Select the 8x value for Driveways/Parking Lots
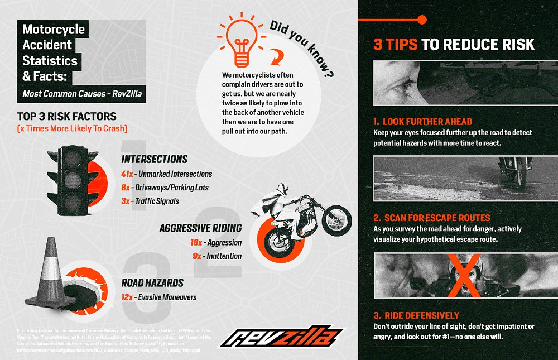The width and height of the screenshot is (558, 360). pyautogui.click(x=126, y=188)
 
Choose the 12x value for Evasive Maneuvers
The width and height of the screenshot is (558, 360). pyautogui.click(x=127, y=297)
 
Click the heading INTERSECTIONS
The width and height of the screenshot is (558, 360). pyautogui.click(x=154, y=159)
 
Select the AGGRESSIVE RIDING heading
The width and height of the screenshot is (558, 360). pyautogui.click(x=200, y=228)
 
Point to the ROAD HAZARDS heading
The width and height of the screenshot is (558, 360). pyautogui.click(x=152, y=283)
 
